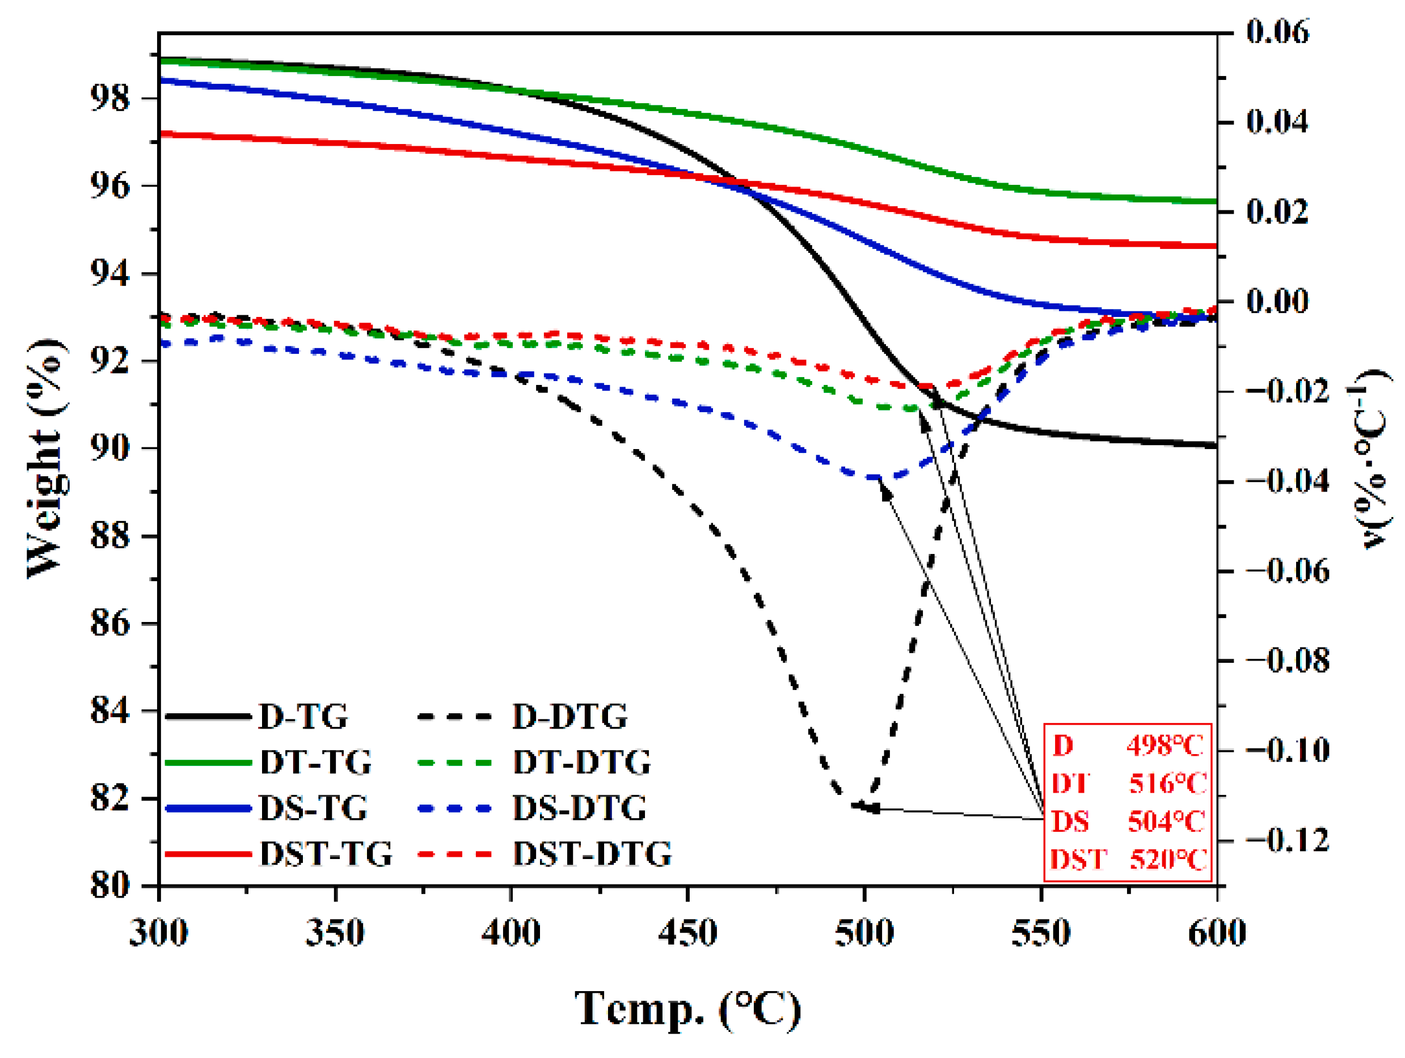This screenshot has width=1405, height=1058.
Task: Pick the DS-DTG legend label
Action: pos(579,809)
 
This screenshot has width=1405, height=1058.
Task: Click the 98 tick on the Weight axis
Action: pos(110,99)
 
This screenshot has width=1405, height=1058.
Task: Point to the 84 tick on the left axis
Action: pos(110,710)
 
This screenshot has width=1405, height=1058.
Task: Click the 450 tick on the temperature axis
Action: pos(688,933)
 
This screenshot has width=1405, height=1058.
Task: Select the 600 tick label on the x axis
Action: pos(1216,933)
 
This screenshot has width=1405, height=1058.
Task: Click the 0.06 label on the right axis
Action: pos(1277,32)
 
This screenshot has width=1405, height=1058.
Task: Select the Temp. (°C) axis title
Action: pos(688,1009)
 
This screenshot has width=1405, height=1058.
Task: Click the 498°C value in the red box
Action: pos(1164,746)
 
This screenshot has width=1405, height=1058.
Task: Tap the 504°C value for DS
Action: pos(1166,822)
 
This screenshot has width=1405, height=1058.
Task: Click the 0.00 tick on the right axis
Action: pos(1277,301)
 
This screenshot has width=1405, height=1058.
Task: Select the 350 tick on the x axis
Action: pos(335,933)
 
